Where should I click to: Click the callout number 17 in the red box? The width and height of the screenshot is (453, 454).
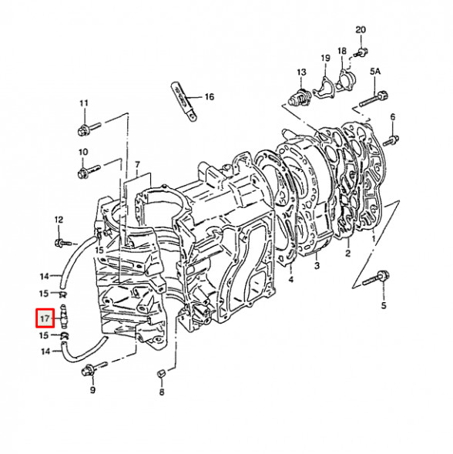[x=45, y=317]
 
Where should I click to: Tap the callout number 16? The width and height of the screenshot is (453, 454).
[x=209, y=97]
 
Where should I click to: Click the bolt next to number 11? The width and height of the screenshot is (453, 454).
[x=87, y=127]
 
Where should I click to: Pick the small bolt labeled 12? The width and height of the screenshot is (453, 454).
[x=62, y=244]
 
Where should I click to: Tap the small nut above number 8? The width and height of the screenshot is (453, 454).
[x=161, y=374]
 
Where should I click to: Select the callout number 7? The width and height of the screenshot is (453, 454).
[x=136, y=165]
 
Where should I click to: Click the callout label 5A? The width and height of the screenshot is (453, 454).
[x=375, y=71]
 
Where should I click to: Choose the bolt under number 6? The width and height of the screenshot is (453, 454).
[x=393, y=140]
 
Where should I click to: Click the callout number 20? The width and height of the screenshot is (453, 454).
[x=360, y=30]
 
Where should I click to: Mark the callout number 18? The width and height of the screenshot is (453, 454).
[x=342, y=48]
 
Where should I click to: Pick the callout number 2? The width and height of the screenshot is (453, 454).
[x=347, y=253]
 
